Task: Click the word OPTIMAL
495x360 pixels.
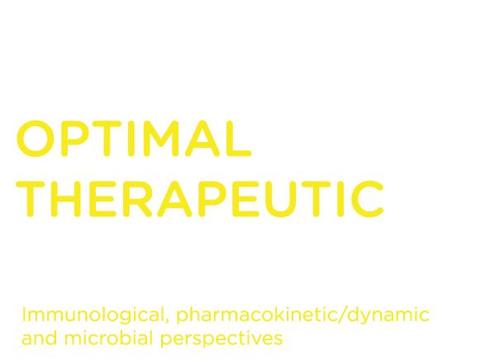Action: coord(134,139)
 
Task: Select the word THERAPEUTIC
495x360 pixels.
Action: coord(199,199)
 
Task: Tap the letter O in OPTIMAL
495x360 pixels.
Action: coord(36,139)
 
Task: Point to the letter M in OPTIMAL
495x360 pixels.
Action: coord(161,139)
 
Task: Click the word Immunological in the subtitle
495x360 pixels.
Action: coord(93,315)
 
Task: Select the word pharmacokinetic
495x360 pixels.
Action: coord(257,315)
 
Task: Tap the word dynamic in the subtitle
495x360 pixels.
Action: coord(388,315)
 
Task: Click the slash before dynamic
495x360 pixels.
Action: coord(342,315)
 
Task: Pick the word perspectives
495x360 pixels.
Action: coord(221,339)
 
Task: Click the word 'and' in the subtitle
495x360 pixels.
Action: coord(39,338)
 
